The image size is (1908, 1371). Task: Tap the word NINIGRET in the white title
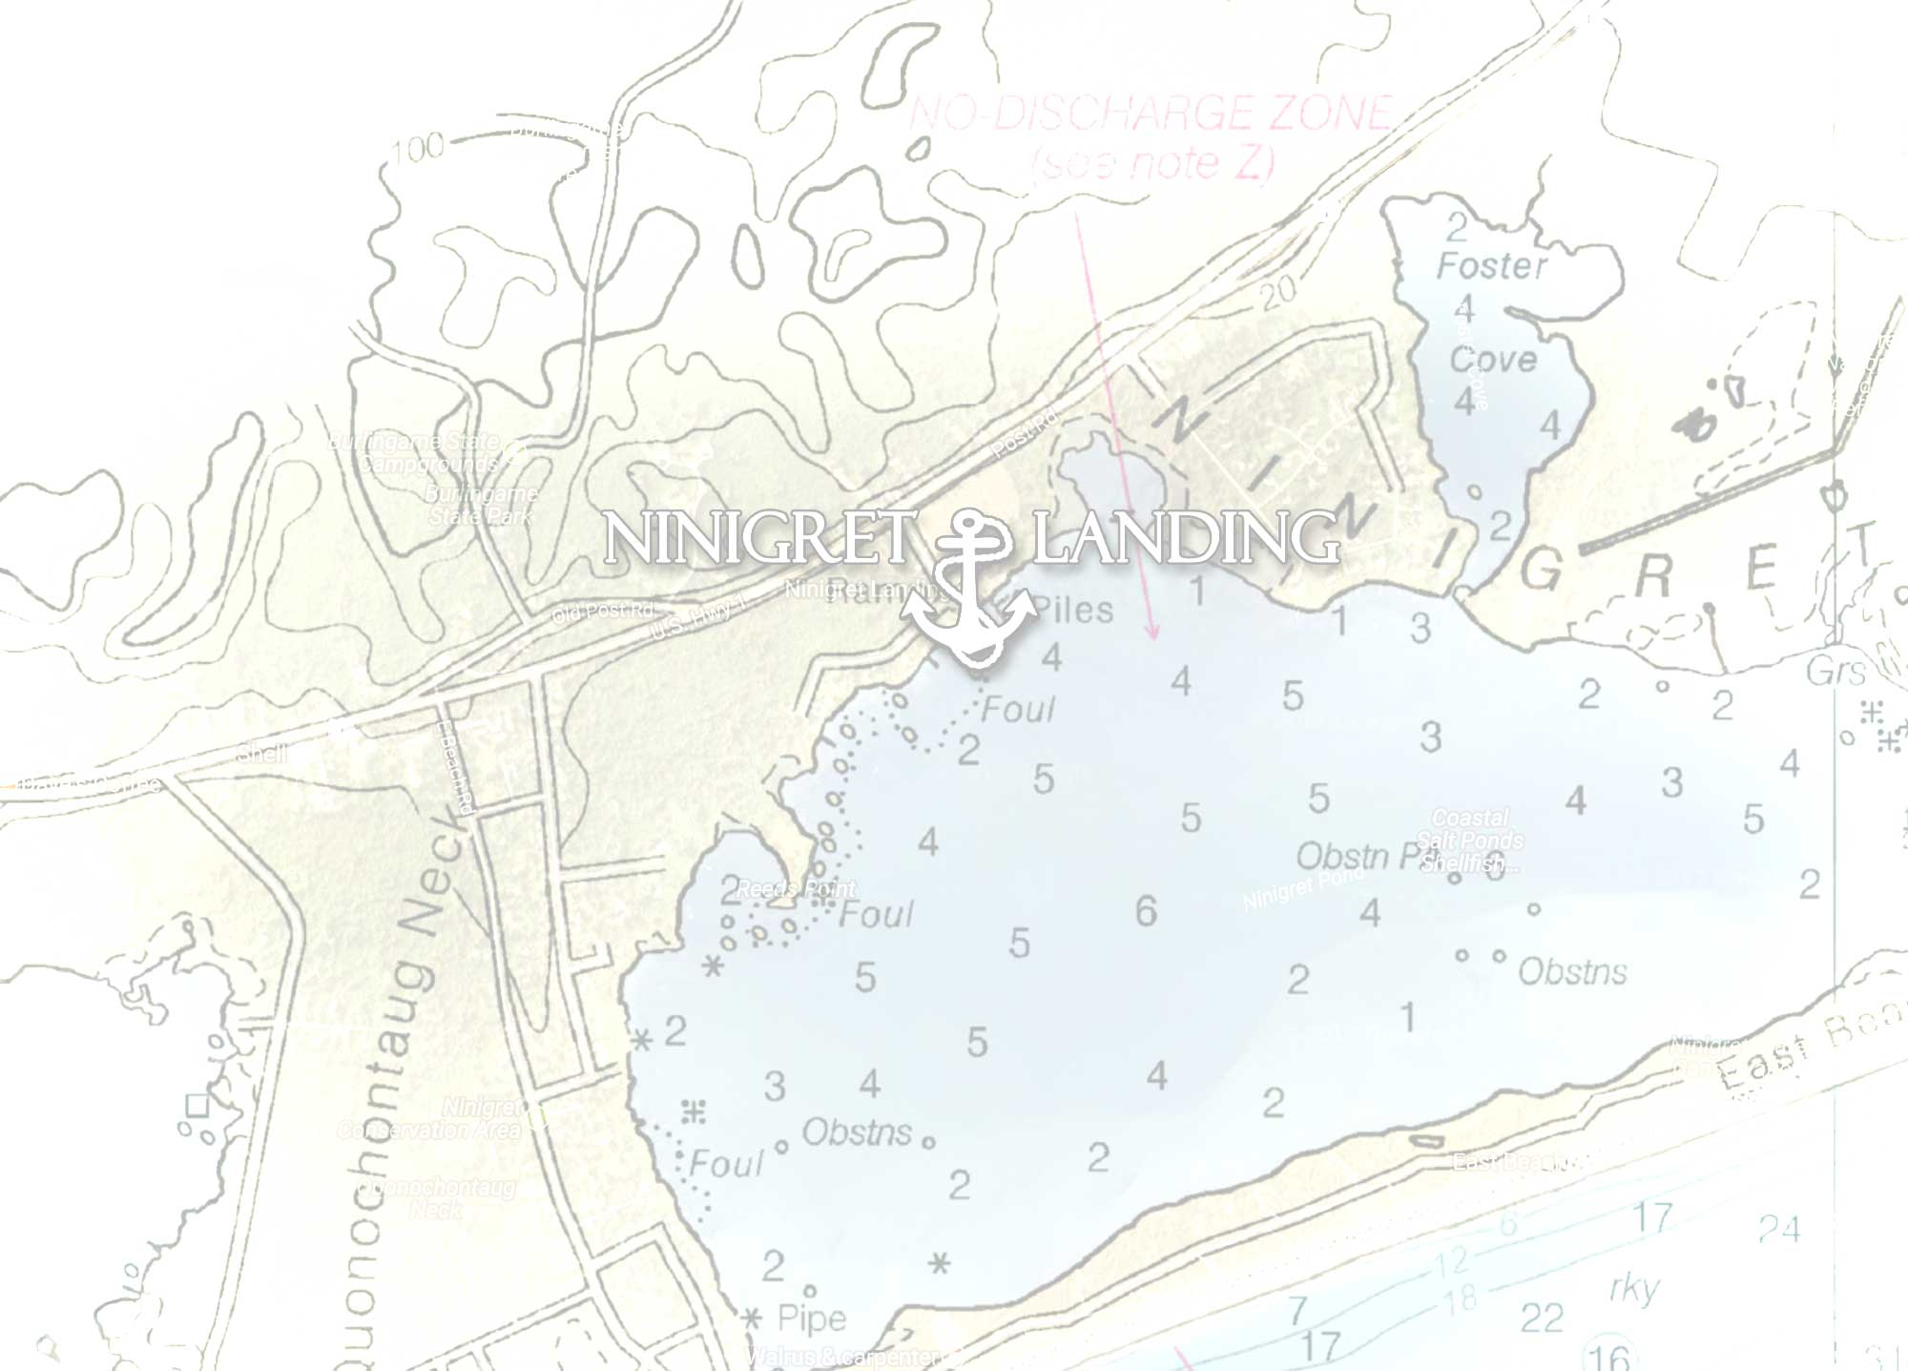(x=759, y=538)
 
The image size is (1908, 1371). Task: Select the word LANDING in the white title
(x=1186, y=538)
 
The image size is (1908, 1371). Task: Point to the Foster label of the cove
(x=1491, y=266)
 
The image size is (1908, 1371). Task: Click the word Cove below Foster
(x=1493, y=360)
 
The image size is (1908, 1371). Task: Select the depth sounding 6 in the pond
(x=1146, y=912)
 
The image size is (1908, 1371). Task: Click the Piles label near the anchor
(x=1074, y=611)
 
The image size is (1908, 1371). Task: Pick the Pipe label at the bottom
(x=812, y=1319)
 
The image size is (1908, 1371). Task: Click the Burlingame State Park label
(x=482, y=505)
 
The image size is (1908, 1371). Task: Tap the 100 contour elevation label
(x=418, y=147)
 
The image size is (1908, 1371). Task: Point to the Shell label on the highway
(x=262, y=754)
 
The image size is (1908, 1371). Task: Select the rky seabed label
(x=1634, y=1288)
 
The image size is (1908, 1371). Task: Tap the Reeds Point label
(x=796, y=888)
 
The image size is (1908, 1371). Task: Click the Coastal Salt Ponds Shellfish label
(x=1470, y=841)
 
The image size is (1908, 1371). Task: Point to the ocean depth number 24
(x=1778, y=1229)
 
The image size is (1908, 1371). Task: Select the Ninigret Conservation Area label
(x=431, y=1118)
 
